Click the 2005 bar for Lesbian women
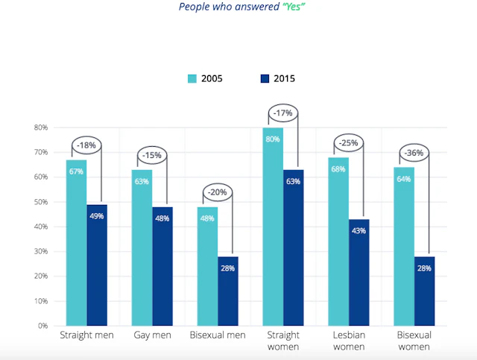338,241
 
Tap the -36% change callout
413,154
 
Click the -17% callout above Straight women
282,114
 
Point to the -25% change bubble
348,143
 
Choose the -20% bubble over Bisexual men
217,193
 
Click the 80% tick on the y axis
40,127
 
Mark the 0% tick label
43,326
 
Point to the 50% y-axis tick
40,202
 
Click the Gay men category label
152,335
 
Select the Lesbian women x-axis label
348,341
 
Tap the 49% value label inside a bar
97,216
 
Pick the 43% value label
358,231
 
